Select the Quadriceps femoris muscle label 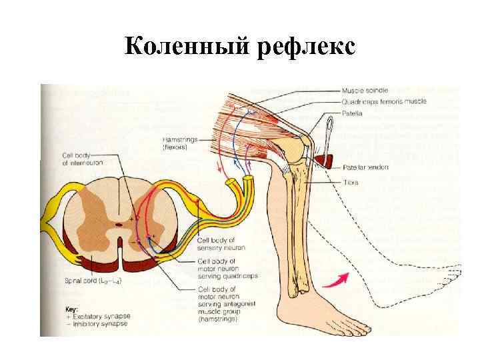[384, 102]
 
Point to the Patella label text [353, 113]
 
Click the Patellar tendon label [365, 167]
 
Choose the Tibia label [351, 181]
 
